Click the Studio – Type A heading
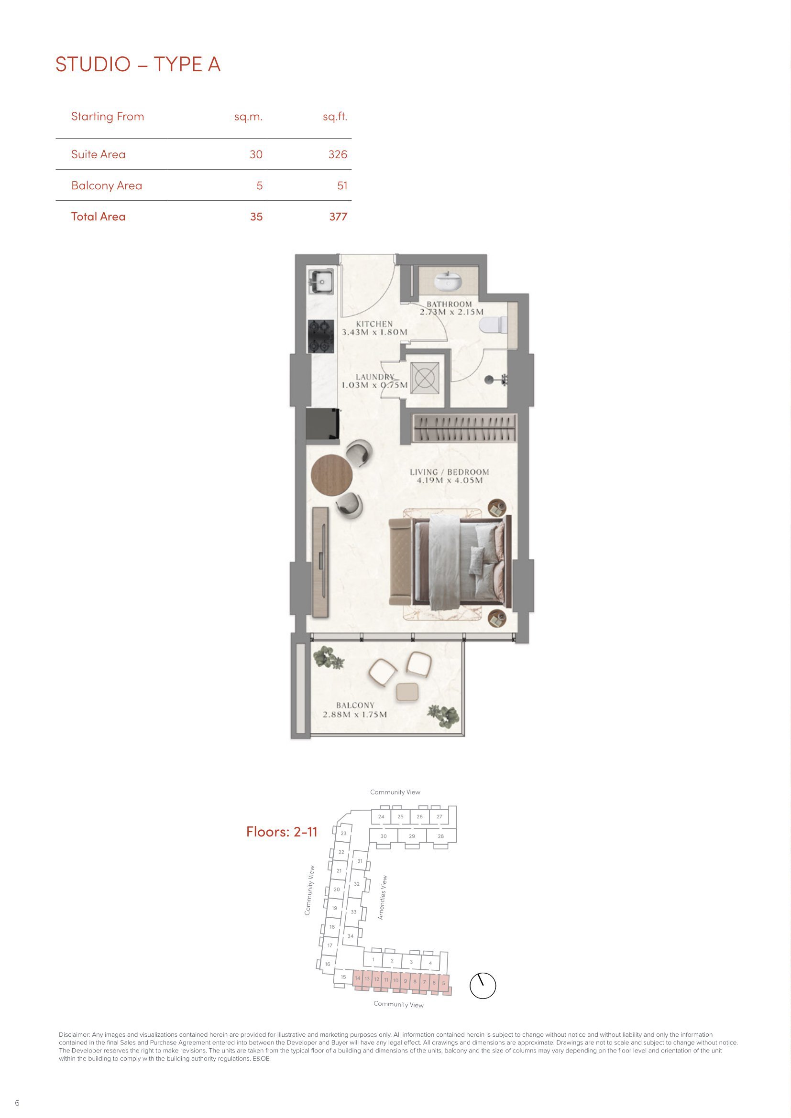click(138, 64)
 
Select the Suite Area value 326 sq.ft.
click(338, 154)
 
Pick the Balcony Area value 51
click(342, 185)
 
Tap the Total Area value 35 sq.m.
click(256, 217)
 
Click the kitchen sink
click(321, 282)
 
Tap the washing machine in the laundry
click(425, 378)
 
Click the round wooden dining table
click(332, 475)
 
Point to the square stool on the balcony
click(407, 692)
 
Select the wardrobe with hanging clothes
click(465, 428)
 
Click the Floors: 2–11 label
click(282, 831)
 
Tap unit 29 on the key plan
click(412, 836)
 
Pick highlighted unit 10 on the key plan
click(395, 980)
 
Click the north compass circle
click(483, 986)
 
